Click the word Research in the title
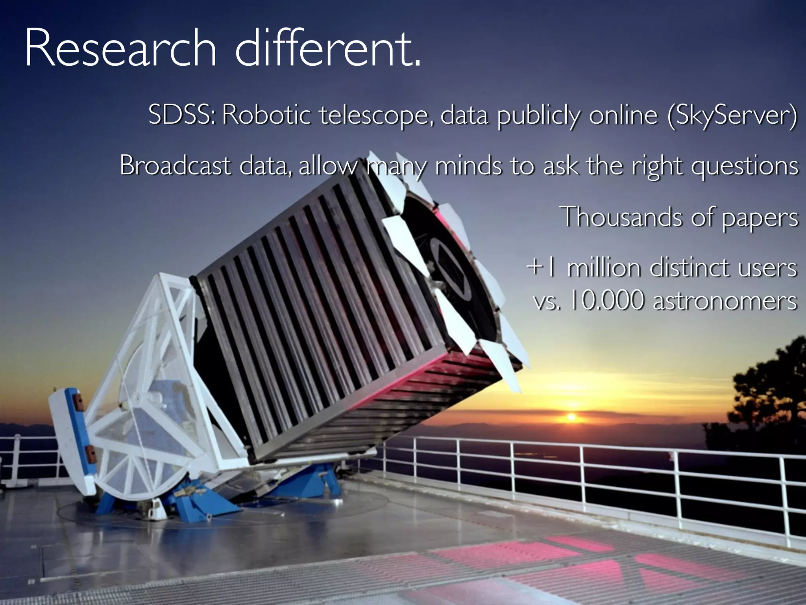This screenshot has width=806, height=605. tap(120, 49)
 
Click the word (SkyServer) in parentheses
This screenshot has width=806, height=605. tap(732, 116)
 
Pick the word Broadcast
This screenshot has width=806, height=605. tap(175, 165)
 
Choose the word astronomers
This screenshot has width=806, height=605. tap(725, 302)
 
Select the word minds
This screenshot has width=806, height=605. tap(468, 165)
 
